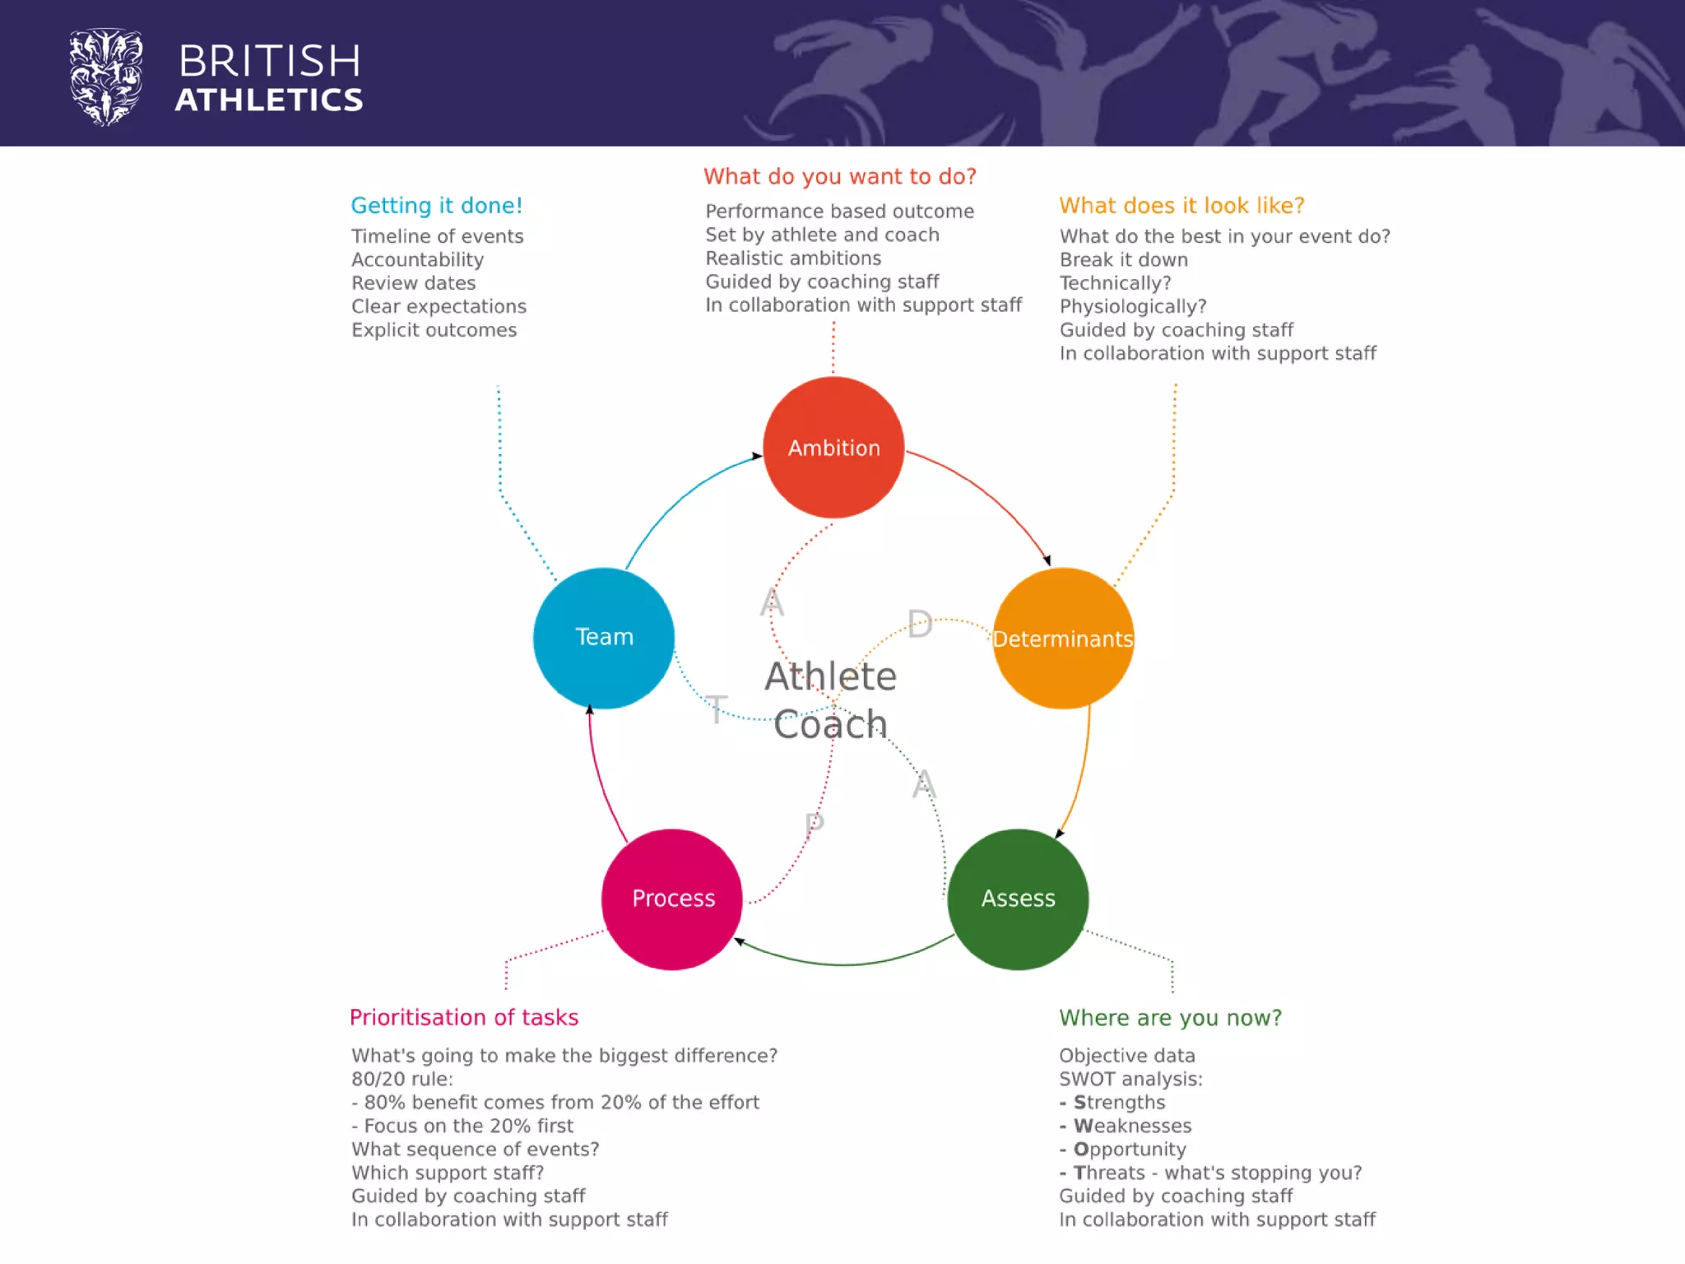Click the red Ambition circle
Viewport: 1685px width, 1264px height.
click(x=833, y=448)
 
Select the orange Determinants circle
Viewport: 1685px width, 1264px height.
click(x=1063, y=638)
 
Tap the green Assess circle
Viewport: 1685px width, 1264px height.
click(x=1018, y=899)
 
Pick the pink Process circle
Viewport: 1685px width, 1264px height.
click(x=672, y=899)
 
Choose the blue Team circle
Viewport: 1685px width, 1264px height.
click(x=604, y=638)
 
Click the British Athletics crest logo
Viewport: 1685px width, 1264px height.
click(x=105, y=77)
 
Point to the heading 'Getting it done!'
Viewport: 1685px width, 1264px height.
click(x=436, y=206)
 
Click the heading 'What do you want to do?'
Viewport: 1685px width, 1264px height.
click(x=839, y=177)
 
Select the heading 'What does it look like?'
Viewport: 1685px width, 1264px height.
click(x=1181, y=206)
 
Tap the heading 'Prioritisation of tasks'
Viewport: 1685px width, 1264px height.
click(x=464, y=1018)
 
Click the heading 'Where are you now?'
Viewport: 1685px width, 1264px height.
click(x=1170, y=1018)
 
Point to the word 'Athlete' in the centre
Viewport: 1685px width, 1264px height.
click(x=830, y=676)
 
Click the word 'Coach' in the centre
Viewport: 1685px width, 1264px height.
click(x=830, y=725)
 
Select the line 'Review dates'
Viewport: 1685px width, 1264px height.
click(x=413, y=283)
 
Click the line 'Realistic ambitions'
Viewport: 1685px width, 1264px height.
click(x=793, y=258)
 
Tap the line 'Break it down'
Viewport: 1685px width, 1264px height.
click(x=1123, y=260)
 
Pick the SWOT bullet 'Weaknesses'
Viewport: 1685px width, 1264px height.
click(x=1132, y=1126)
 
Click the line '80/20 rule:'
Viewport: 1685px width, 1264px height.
click(x=402, y=1079)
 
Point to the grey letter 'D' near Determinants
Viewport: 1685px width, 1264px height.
click(x=920, y=625)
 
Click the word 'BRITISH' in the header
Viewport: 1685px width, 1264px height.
click(x=270, y=62)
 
